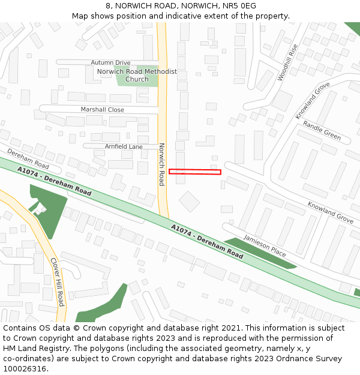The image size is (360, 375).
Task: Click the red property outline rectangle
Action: pos(195,172)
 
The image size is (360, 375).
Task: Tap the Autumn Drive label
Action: pos(110,62)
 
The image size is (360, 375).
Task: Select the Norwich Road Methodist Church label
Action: pos(137,76)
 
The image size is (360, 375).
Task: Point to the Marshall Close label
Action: pos(103,110)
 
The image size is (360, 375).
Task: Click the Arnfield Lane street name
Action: pos(124,146)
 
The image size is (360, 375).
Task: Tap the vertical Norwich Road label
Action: pos(161,164)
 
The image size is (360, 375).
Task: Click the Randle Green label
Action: pos(322,130)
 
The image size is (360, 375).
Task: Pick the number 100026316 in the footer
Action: pos(23,368)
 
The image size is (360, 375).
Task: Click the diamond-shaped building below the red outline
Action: pos(190,201)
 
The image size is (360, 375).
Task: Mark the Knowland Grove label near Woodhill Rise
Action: pos(313,100)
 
